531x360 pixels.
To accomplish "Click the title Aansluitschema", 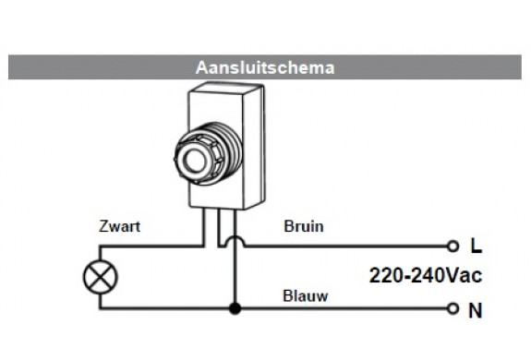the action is coord(265,67).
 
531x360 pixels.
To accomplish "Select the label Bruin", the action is coord(304,226).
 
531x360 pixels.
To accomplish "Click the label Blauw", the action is coord(305,296).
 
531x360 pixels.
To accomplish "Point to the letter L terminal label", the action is coord(476,247).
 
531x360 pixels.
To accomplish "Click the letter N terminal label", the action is coord(476,310).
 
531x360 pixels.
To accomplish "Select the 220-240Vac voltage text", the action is coord(426,275).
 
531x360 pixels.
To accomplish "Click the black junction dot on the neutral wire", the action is coord(236,308).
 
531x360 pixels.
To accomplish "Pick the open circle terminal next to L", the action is coord(453,246).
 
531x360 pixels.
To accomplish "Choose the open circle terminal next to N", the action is coord(453,308).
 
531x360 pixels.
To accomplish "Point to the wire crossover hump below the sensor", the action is coord(236,241).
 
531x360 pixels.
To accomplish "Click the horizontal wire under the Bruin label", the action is coord(342,246).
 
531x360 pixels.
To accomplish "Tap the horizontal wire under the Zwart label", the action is coord(148,246).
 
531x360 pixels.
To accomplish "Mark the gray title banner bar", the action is coord(92,67).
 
